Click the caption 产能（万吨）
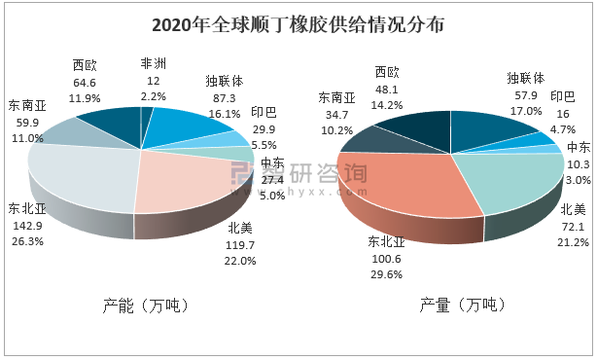146,306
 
